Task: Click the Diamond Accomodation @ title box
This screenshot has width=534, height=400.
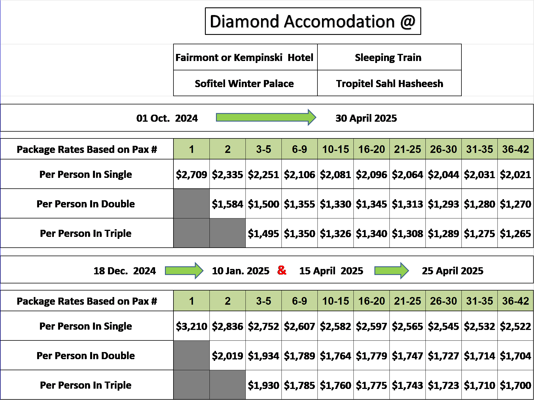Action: click(x=313, y=21)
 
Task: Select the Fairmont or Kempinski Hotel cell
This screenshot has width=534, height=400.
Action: click(x=245, y=57)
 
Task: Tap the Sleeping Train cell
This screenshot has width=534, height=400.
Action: click(x=389, y=57)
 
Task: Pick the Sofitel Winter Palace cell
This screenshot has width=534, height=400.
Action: click(x=245, y=83)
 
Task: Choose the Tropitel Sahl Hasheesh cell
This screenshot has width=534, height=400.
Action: click(x=389, y=83)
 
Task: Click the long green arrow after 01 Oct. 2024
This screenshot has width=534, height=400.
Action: click(x=266, y=117)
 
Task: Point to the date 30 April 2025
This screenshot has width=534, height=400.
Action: click(x=366, y=118)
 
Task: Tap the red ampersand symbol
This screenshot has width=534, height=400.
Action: click(x=282, y=270)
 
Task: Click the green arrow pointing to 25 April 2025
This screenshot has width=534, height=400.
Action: click(x=391, y=271)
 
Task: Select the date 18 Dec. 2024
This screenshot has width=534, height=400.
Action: click(x=125, y=271)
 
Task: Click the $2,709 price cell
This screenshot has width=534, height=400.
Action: click(x=192, y=174)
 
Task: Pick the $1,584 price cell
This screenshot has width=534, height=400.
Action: click(x=228, y=204)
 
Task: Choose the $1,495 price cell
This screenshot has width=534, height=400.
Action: click(x=264, y=233)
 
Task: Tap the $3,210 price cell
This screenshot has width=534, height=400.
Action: click(x=192, y=326)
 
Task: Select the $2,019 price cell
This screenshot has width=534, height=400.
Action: click(x=228, y=355)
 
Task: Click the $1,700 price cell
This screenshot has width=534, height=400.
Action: click(x=516, y=385)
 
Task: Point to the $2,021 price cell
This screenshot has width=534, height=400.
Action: click(x=516, y=174)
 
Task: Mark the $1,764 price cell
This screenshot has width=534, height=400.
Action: click(x=336, y=355)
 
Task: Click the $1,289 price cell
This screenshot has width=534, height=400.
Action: click(x=444, y=233)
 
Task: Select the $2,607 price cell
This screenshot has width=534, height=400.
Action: click(x=300, y=326)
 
